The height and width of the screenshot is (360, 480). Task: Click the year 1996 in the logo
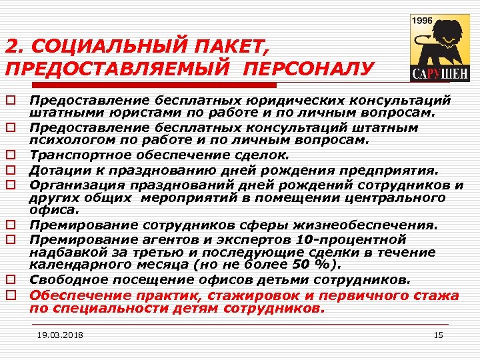pyautogui.click(x=423, y=20)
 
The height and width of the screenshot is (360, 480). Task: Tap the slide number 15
pyautogui.click(x=438, y=335)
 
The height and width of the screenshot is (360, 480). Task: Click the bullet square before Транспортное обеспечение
pyautogui.click(x=11, y=155)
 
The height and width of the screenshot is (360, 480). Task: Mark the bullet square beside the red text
pyautogui.click(x=11, y=295)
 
